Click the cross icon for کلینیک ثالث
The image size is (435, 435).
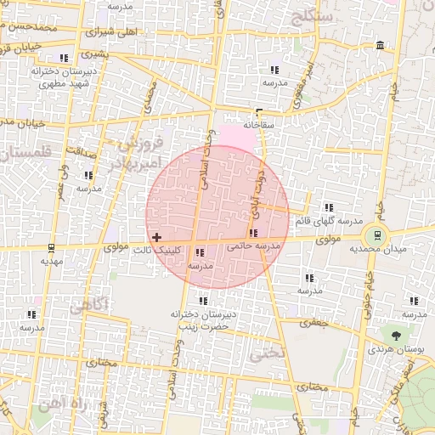pos(156,237)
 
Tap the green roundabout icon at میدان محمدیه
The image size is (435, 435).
pos(375,234)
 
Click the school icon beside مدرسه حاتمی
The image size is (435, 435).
pos(253,234)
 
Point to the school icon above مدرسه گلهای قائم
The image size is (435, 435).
pos(329,207)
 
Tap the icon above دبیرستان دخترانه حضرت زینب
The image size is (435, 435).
pos(203,301)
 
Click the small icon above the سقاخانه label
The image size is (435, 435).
pos(259,112)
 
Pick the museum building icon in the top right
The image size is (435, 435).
pos(379,45)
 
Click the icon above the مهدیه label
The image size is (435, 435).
pos(52,248)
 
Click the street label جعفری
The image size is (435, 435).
pos(316,323)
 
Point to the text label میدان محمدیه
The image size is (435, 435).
pos(403,249)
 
